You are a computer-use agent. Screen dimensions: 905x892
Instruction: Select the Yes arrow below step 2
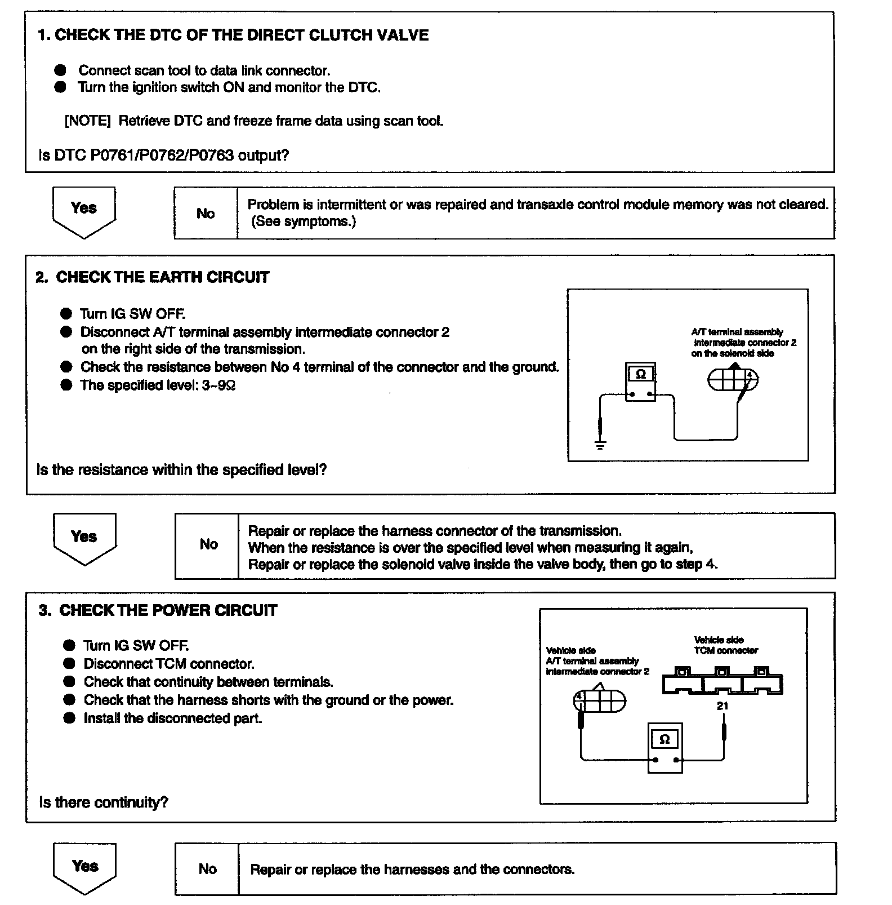coord(84,538)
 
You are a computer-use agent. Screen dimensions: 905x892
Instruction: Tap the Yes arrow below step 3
coord(84,867)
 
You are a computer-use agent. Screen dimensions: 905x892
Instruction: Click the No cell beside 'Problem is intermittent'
coord(206,213)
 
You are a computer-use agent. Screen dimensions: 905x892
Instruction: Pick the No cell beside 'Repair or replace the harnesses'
coord(207,868)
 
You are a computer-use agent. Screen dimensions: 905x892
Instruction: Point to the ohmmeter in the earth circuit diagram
coord(640,381)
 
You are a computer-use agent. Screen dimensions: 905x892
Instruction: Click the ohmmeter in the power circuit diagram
coord(664,747)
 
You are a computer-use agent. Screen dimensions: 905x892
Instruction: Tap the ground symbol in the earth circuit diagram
coord(600,445)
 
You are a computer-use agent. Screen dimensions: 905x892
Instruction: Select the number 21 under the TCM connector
coord(722,706)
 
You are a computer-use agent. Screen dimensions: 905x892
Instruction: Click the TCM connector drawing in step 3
coord(722,681)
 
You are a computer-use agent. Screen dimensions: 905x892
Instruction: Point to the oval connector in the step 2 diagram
coord(732,380)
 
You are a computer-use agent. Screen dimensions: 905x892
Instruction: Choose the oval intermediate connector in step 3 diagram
coord(600,701)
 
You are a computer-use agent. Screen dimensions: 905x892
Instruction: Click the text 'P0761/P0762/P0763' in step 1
coord(162,155)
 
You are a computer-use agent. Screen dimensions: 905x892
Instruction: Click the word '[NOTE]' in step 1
coord(87,121)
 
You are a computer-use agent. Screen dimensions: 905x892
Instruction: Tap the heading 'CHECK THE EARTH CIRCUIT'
coord(163,277)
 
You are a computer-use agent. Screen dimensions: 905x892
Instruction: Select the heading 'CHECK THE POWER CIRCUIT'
coord(168,610)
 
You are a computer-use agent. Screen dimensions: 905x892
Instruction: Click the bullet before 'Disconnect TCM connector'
coord(69,664)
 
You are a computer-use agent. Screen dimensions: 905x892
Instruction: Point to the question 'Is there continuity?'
coord(104,802)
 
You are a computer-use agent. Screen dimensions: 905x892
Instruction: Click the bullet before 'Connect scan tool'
coord(61,70)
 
